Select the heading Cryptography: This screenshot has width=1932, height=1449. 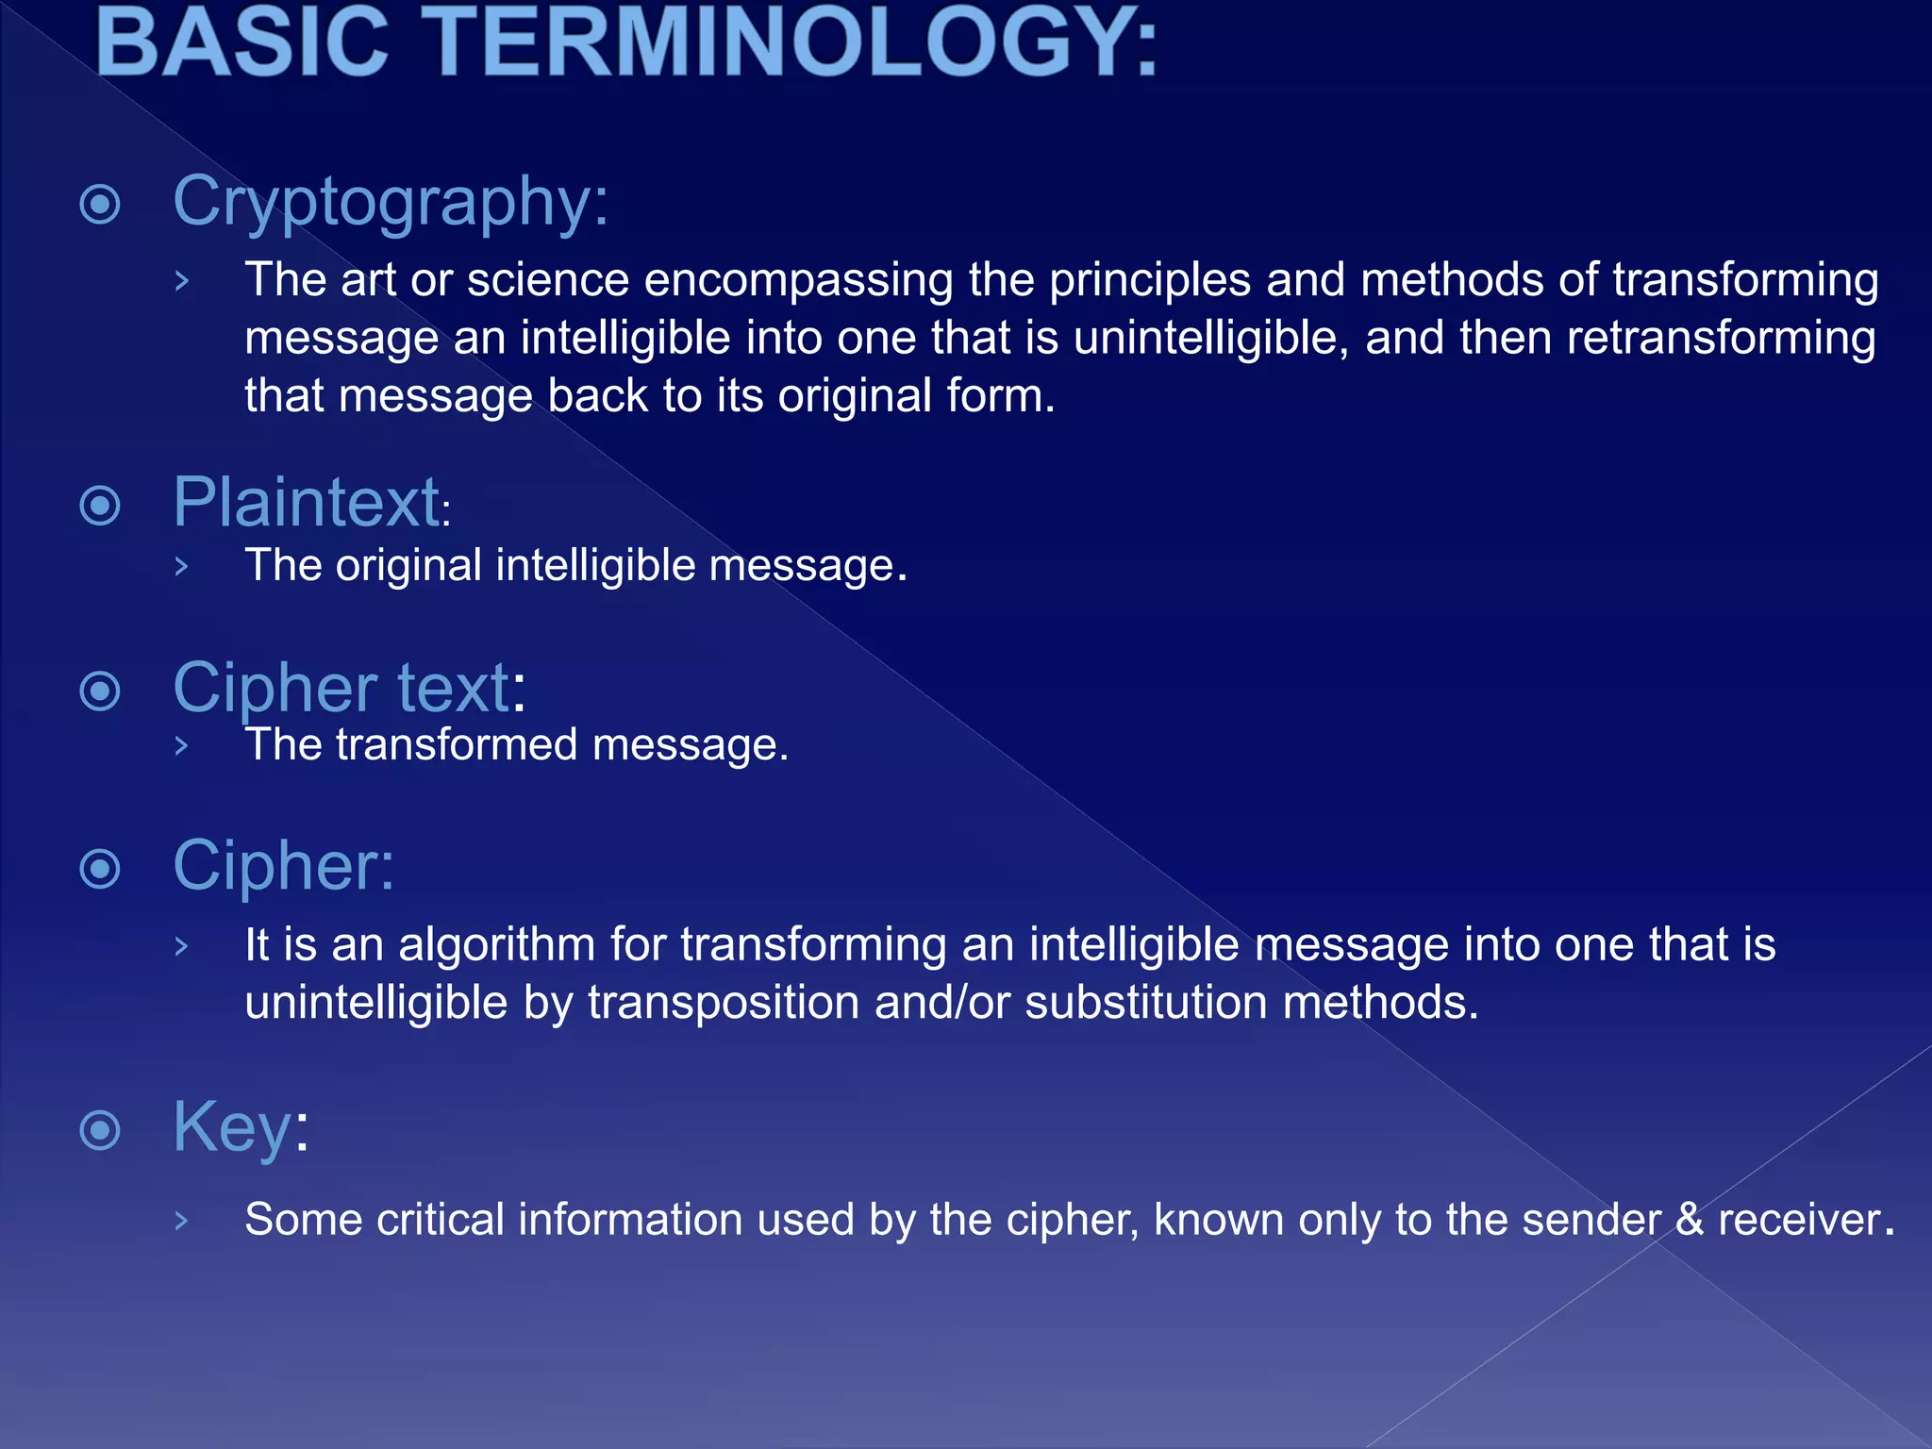(x=391, y=202)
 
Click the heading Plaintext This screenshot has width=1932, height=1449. (x=308, y=503)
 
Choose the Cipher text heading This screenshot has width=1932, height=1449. (x=341, y=688)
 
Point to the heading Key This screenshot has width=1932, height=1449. (x=232, y=1127)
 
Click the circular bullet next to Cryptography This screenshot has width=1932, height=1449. (x=100, y=204)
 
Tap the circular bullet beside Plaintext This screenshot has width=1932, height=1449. (x=100, y=506)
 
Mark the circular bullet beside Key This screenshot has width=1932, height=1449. (x=100, y=1130)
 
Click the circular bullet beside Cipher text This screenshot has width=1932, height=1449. (x=100, y=691)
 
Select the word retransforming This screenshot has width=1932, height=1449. (x=1721, y=338)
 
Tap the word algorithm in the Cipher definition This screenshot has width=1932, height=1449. (x=496, y=945)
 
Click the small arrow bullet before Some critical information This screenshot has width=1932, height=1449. (x=182, y=1221)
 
